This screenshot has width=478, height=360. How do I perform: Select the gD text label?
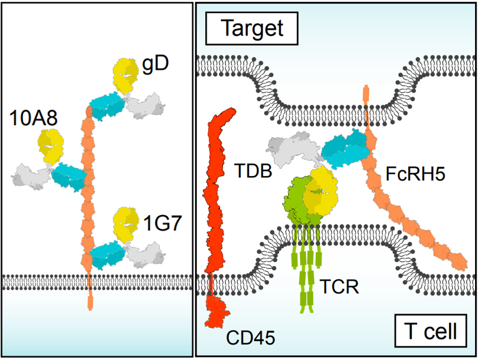tap(155, 63)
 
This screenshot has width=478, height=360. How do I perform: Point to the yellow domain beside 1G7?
tap(126, 223)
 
